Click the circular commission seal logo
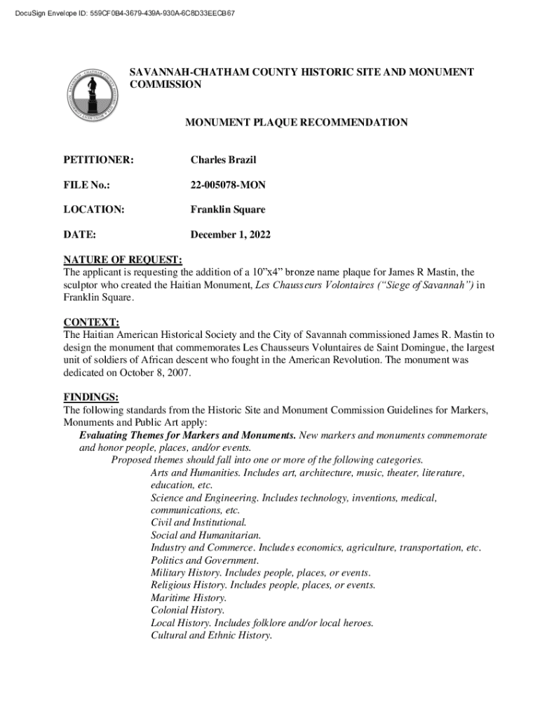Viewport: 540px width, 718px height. pyautogui.click(x=90, y=93)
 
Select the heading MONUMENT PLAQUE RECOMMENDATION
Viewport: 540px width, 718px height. pyautogui.click(x=296, y=123)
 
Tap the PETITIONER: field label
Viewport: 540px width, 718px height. pyautogui.click(x=99, y=161)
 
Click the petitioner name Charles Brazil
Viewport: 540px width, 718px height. pyautogui.click(x=223, y=161)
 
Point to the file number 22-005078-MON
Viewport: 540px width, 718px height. pyautogui.click(x=228, y=185)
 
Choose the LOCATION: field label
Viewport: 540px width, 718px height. pyautogui.click(x=94, y=210)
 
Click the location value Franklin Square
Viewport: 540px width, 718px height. pyautogui.click(x=228, y=210)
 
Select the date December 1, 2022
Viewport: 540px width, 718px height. pyautogui.click(x=231, y=234)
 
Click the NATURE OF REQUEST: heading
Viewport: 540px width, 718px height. pyautogui.click(x=123, y=259)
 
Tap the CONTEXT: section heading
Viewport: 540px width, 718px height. pyautogui.click(x=91, y=322)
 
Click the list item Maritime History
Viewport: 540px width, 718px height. pyautogui.click(x=189, y=597)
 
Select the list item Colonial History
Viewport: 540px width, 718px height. pyautogui.click(x=187, y=610)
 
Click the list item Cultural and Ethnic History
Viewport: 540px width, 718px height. pyautogui.click(x=211, y=635)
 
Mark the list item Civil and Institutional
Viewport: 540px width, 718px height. pyautogui.click(x=198, y=522)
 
